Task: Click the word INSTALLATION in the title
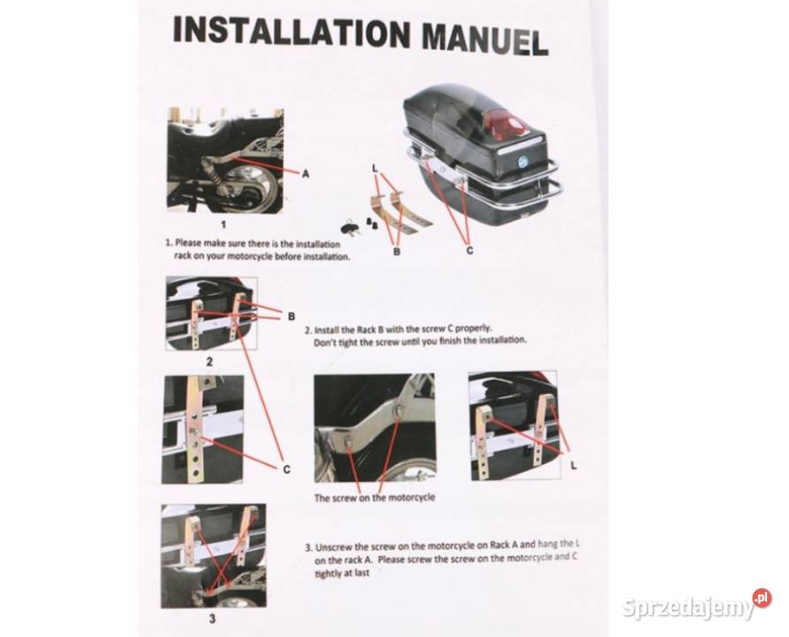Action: pyautogui.click(x=291, y=31)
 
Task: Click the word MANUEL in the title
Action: pyautogui.click(x=485, y=39)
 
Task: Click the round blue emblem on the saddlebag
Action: pyautogui.click(x=522, y=162)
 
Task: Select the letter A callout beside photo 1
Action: pyautogui.click(x=305, y=174)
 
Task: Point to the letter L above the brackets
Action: pyautogui.click(x=375, y=168)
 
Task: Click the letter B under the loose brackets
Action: pyautogui.click(x=396, y=250)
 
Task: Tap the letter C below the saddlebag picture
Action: pyautogui.click(x=470, y=250)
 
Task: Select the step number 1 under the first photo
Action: pyautogui.click(x=224, y=225)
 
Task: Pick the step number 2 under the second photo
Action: pyautogui.click(x=210, y=361)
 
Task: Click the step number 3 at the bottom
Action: pyautogui.click(x=211, y=618)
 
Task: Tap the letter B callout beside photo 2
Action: pyautogui.click(x=291, y=317)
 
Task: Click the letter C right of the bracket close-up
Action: pyautogui.click(x=287, y=470)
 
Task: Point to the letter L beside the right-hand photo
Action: pyautogui.click(x=574, y=466)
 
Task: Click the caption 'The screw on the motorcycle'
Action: pyautogui.click(x=375, y=497)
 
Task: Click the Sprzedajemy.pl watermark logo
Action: pyautogui.click(x=696, y=605)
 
